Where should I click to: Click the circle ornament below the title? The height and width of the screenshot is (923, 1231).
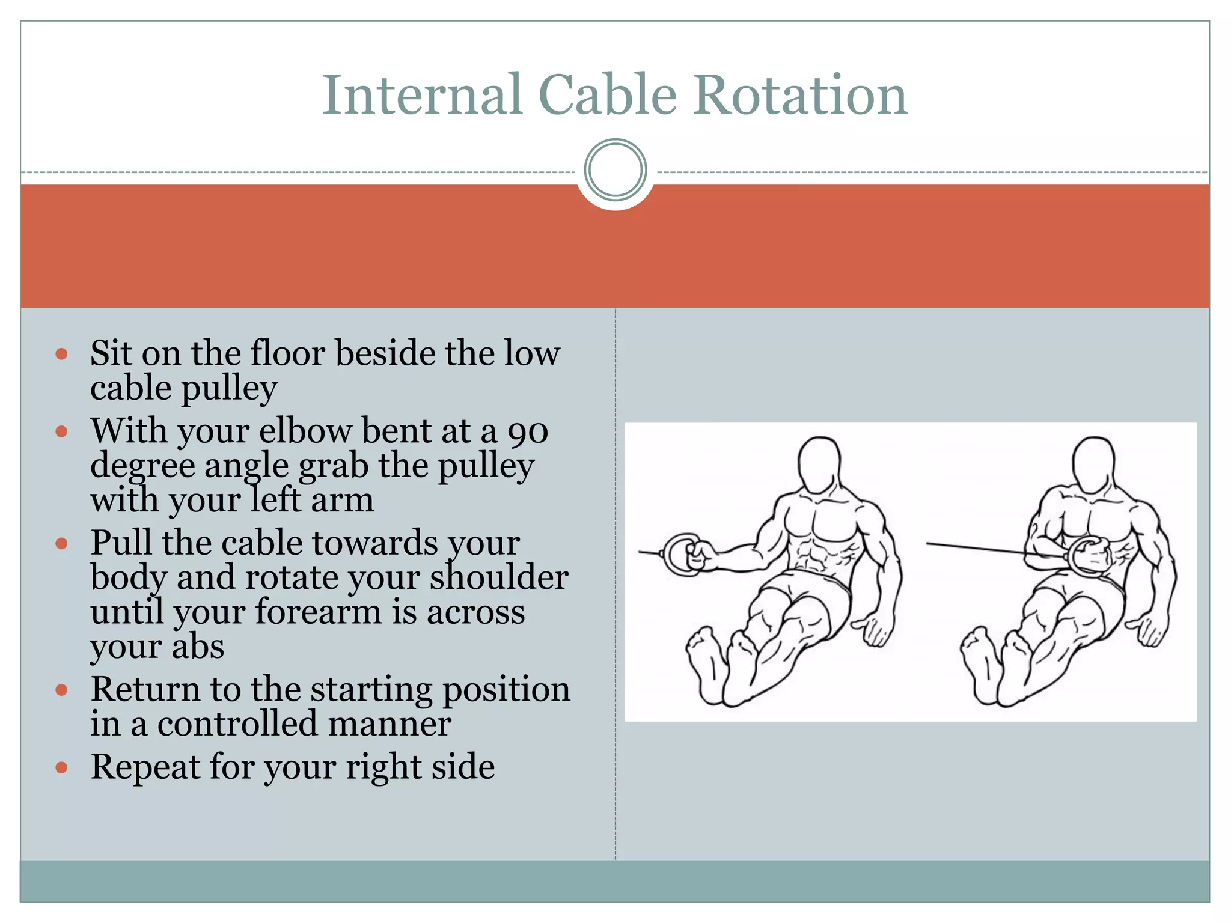pos(615,170)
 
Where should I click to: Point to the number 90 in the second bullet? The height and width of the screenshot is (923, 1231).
pos(528,431)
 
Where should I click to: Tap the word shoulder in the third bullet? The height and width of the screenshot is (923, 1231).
pos(498,577)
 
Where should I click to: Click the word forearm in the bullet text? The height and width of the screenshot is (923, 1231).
pos(318,612)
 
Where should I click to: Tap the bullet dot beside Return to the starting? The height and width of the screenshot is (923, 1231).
pos(61,690)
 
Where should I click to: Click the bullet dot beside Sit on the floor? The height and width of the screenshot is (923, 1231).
pos(61,354)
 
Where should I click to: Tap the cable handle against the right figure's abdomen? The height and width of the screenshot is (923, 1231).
pos(1089,556)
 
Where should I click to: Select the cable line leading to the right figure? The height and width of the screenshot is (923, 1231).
pos(974,547)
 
